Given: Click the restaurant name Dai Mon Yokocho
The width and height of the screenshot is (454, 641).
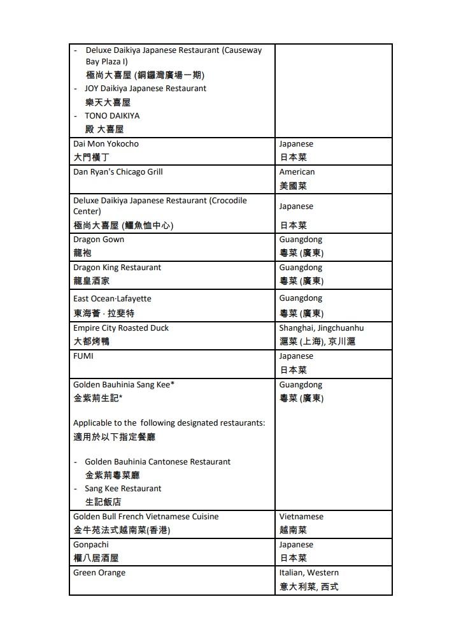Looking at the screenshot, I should pos(106,144).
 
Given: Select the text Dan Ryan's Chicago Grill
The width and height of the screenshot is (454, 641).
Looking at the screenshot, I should pos(118,172).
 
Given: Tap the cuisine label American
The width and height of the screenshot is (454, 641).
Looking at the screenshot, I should pos(297,172).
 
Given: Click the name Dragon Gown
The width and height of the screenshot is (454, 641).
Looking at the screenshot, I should pos(99,240).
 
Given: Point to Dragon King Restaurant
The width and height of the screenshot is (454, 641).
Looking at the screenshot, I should pos(117,268).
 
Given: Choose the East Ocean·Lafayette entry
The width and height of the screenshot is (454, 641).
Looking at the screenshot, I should pos(112,299).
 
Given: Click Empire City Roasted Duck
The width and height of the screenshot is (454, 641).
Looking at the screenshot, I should pos(121,328).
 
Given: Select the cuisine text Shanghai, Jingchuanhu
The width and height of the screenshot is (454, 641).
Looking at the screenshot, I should pos(322,328).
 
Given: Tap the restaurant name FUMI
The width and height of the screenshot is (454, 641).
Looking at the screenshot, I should pos(83,356).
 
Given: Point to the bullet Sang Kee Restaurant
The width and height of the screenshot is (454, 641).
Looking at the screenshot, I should pos(123,489).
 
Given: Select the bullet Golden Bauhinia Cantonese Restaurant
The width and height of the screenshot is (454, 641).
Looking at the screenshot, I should pos(157,462).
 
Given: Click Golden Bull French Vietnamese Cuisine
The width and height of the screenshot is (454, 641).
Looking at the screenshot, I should pos(146,517).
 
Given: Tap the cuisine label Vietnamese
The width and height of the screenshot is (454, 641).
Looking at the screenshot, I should pos(301,517).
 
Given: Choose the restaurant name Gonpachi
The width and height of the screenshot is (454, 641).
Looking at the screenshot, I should pos(91,545).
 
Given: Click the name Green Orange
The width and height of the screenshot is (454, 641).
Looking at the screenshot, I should pos(99,573).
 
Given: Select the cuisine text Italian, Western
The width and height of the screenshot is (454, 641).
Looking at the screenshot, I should pos(309,573).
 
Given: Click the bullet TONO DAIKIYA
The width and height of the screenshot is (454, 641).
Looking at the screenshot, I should pos(112,116).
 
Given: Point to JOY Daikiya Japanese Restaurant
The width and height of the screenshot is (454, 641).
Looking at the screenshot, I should pos(145,89).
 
